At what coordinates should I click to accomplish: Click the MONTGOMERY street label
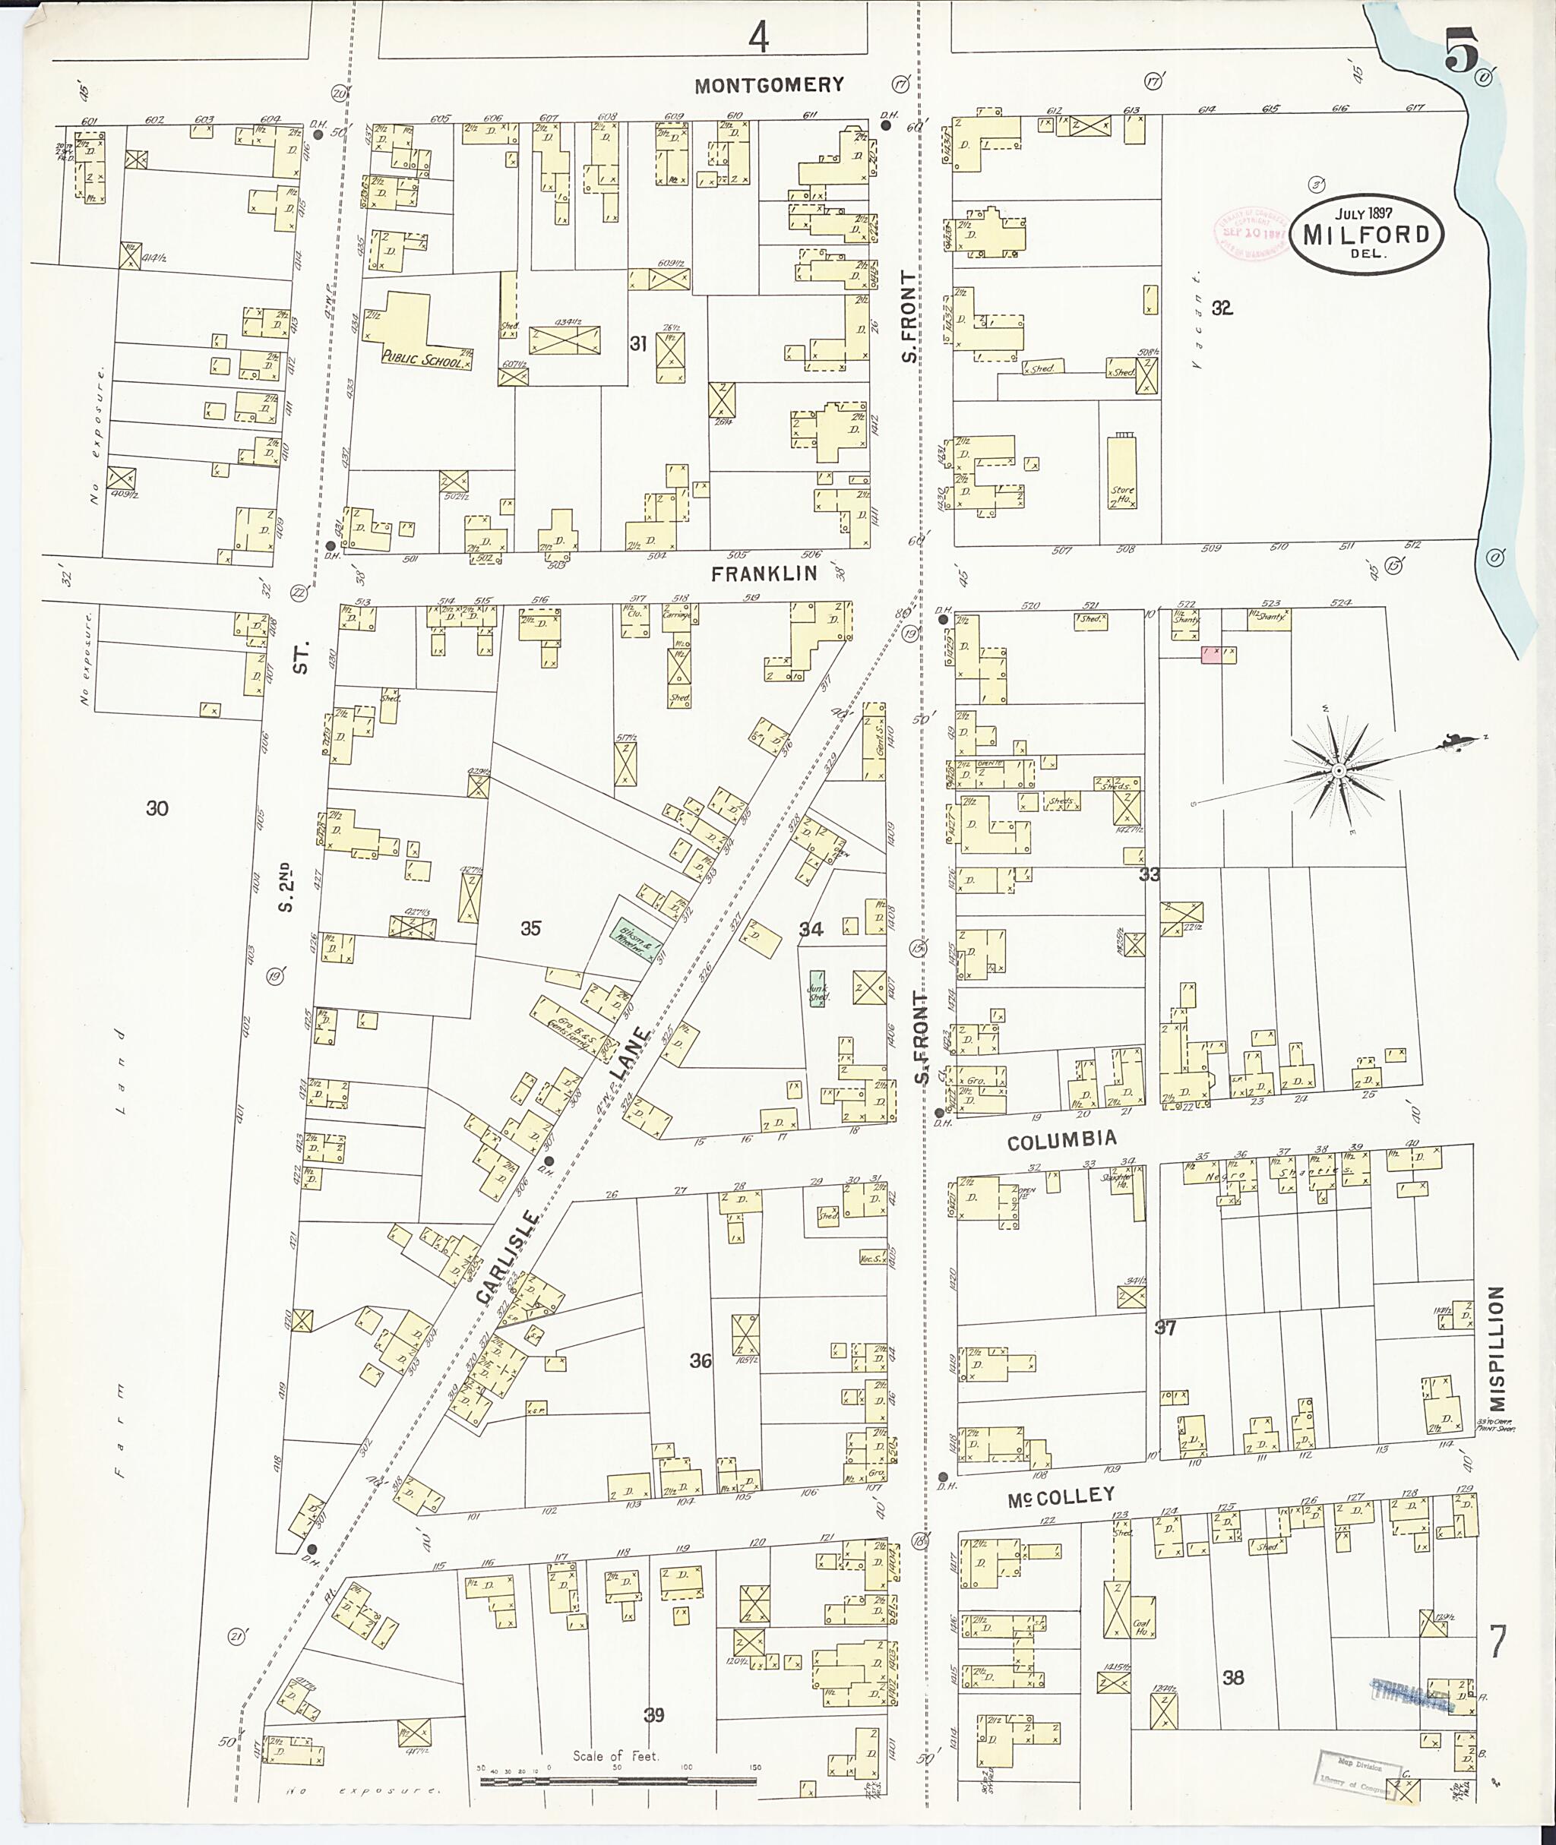click(768, 86)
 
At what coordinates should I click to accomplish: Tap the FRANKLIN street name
click(764, 573)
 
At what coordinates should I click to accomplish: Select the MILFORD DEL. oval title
click(1365, 235)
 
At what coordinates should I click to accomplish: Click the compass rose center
click(1337, 771)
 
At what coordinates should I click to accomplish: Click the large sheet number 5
click(1461, 55)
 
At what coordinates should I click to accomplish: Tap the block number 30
click(157, 808)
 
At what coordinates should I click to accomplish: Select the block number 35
click(530, 927)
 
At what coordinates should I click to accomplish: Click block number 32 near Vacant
click(1222, 308)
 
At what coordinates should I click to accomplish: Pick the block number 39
click(653, 1714)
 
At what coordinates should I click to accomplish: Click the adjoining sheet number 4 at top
click(757, 37)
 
